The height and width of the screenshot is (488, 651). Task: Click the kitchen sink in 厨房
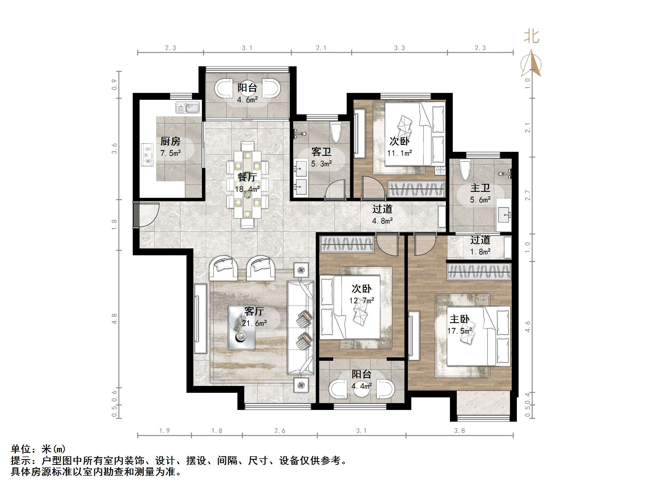coord(187,108)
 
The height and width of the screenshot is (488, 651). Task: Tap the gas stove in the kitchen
coord(147,154)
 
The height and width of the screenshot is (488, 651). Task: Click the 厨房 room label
coord(170,142)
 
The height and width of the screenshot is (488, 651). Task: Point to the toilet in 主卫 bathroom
coord(465,170)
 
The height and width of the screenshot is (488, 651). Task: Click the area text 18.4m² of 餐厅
coord(247,189)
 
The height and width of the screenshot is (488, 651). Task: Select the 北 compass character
coord(531,37)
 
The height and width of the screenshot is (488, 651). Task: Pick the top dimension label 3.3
coord(399,48)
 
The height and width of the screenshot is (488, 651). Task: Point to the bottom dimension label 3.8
coord(459,431)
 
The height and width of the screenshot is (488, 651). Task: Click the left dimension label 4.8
coord(114,319)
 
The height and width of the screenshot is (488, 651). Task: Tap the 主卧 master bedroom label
coord(459,319)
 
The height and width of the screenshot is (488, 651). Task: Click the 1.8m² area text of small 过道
coord(480,252)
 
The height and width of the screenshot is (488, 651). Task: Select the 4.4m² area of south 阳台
coord(362,386)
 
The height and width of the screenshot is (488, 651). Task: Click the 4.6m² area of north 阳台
coord(247,100)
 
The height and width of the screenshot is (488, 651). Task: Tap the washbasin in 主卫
coord(504,215)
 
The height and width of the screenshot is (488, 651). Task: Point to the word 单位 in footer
coord(21,449)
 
